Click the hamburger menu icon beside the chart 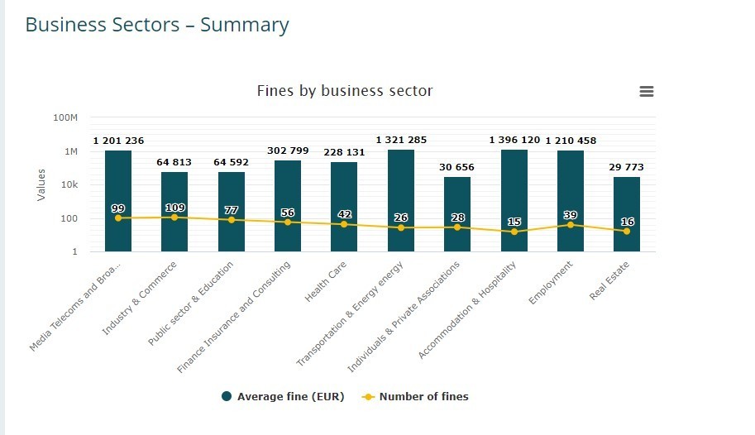[647, 91]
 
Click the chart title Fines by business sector [345, 90]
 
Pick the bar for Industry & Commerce [174, 198]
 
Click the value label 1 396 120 [514, 141]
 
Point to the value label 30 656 [457, 167]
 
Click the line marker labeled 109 [174, 217]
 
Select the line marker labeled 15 [514, 232]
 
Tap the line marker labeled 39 [571, 225]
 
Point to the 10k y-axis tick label [67, 184]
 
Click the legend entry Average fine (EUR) [283, 397]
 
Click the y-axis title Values [41, 184]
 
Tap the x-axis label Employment [552, 284]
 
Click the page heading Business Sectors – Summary [157, 25]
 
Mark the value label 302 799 [288, 151]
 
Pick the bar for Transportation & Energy [401, 190]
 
